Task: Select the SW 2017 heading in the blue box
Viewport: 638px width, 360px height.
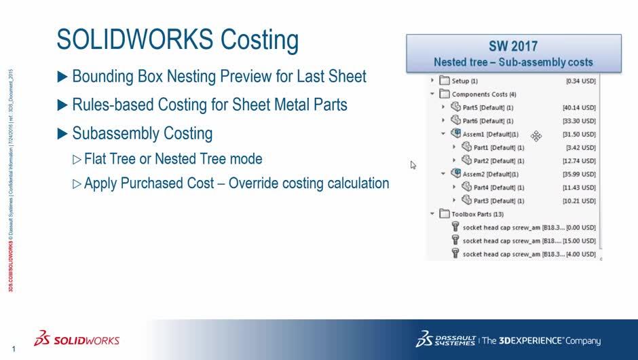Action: click(513, 46)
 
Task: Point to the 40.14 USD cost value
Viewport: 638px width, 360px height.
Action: click(579, 107)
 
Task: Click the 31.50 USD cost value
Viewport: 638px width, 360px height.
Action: click(579, 134)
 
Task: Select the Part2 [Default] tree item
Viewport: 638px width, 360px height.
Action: click(498, 161)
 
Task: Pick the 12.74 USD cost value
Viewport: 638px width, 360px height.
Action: click(579, 161)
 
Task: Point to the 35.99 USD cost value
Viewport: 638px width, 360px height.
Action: click(579, 174)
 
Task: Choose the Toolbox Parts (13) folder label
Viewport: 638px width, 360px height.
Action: click(480, 214)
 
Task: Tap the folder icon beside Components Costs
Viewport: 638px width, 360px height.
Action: click(444, 94)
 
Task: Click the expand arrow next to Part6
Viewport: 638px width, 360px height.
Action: click(443, 121)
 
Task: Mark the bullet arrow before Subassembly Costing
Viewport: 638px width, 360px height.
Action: click(62, 133)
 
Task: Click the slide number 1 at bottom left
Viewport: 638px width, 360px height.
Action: click(14, 349)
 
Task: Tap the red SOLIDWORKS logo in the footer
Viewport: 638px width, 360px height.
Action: click(78, 340)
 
